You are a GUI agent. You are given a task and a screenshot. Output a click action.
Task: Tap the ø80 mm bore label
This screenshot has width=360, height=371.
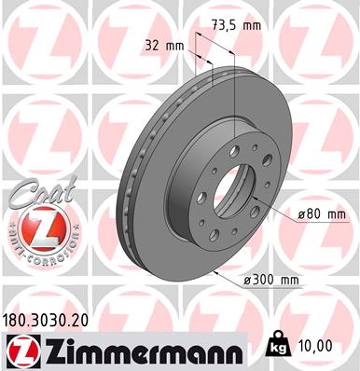click(323, 214)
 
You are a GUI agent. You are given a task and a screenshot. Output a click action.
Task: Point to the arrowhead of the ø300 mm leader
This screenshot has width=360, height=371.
click(215, 269)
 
